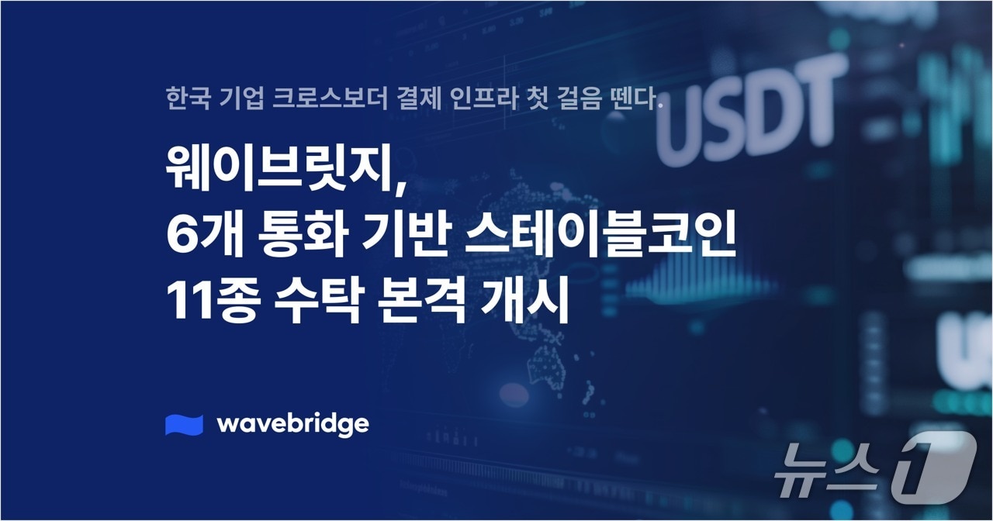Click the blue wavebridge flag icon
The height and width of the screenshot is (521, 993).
[x=184, y=425]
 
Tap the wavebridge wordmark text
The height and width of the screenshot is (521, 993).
[x=292, y=424]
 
